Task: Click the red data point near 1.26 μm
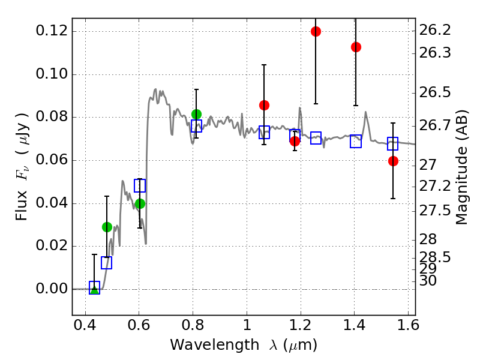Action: coord(316,31)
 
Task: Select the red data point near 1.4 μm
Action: coord(356,47)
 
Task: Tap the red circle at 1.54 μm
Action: coord(393,161)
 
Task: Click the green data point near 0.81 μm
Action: coord(196,114)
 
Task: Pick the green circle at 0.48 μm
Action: coord(107,227)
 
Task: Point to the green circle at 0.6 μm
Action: coord(140,203)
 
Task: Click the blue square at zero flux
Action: coord(94,287)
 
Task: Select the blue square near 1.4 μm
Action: coord(356,142)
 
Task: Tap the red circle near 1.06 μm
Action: coord(264,105)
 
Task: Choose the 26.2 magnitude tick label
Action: coord(434,30)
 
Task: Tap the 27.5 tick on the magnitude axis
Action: coord(434,210)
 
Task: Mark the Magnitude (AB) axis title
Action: coord(461,167)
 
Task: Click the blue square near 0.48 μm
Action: coord(106,263)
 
